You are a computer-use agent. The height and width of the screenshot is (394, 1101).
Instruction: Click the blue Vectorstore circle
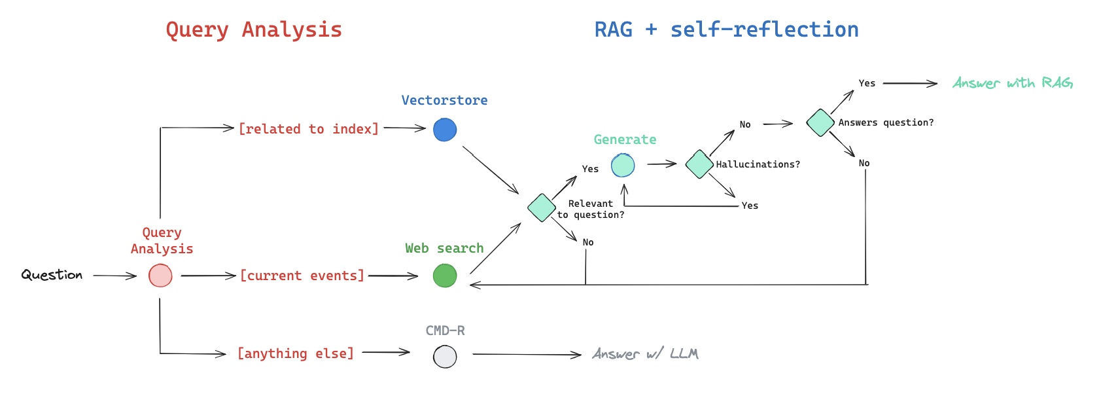445,130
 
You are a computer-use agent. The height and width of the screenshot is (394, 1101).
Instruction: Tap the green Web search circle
445,276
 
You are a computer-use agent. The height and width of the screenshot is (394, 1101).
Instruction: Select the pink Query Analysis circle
160,276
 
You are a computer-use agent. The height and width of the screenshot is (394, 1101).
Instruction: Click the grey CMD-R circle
445,357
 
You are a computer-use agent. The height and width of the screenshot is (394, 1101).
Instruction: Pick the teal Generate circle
623,165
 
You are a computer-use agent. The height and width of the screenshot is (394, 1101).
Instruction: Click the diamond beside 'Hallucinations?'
699,164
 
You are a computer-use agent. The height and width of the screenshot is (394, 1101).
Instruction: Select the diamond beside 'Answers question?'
820,122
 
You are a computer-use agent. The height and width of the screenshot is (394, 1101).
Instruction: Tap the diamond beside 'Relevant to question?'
542,207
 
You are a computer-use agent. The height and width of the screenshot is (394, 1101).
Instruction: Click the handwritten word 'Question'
52,275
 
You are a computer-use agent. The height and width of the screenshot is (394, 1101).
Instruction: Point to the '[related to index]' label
308,129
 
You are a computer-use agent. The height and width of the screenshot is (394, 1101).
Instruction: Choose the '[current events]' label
302,276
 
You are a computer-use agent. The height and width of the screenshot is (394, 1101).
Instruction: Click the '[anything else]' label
296,353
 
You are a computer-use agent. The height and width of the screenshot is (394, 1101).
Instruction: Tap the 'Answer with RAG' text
1012,83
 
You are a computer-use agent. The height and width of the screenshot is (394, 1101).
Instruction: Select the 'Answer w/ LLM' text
645,354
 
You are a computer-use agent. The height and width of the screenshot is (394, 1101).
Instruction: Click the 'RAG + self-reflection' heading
726,29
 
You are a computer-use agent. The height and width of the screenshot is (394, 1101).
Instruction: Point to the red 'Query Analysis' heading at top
254,29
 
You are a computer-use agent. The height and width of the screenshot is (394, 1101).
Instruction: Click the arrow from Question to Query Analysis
114,276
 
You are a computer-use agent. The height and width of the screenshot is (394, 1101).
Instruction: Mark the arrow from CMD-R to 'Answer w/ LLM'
527,355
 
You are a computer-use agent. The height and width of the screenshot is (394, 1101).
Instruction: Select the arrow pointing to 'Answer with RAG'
910,84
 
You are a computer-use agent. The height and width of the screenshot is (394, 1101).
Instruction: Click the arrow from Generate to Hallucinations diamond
662,164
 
